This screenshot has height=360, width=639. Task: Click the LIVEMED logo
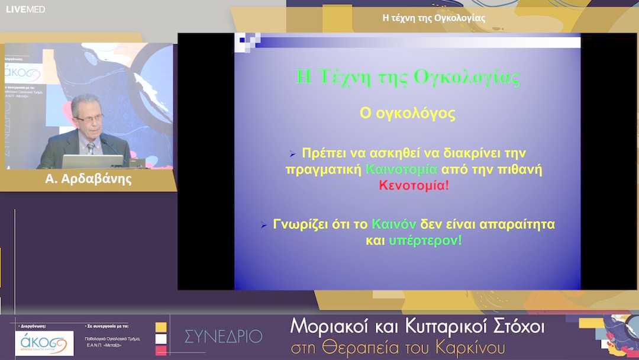pyautogui.click(x=25, y=9)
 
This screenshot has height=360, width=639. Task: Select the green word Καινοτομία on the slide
pyautogui.click(x=402, y=169)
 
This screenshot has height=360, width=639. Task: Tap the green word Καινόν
pyautogui.click(x=394, y=225)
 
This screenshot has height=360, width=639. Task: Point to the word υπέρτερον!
pyautogui.click(x=425, y=241)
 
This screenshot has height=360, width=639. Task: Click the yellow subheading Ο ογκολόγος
pyautogui.click(x=408, y=113)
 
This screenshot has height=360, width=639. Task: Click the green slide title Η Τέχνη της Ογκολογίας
pyautogui.click(x=408, y=78)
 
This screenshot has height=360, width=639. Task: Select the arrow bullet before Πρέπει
pyautogui.click(x=292, y=154)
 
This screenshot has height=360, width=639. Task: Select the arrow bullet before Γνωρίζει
pyautogui.click(x=264, y=226)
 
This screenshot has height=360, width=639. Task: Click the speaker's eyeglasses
pyautogui.click(x=89, y=118)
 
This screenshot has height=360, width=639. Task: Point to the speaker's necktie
pyautogui.click(x=90, y=148)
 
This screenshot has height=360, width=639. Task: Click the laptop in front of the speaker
pyautogui.click(x=92, y=161)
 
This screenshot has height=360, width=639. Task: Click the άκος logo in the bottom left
pyautogui.click(x=44, y=343)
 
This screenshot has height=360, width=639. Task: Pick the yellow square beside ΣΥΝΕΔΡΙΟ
pyautogui.click(x=161, y=327)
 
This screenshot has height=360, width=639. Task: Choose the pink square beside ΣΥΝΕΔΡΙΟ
pyautogui.click(x=161, y=351)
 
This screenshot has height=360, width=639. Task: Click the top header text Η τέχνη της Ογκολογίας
pyautogui.click(x=434, y=18)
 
